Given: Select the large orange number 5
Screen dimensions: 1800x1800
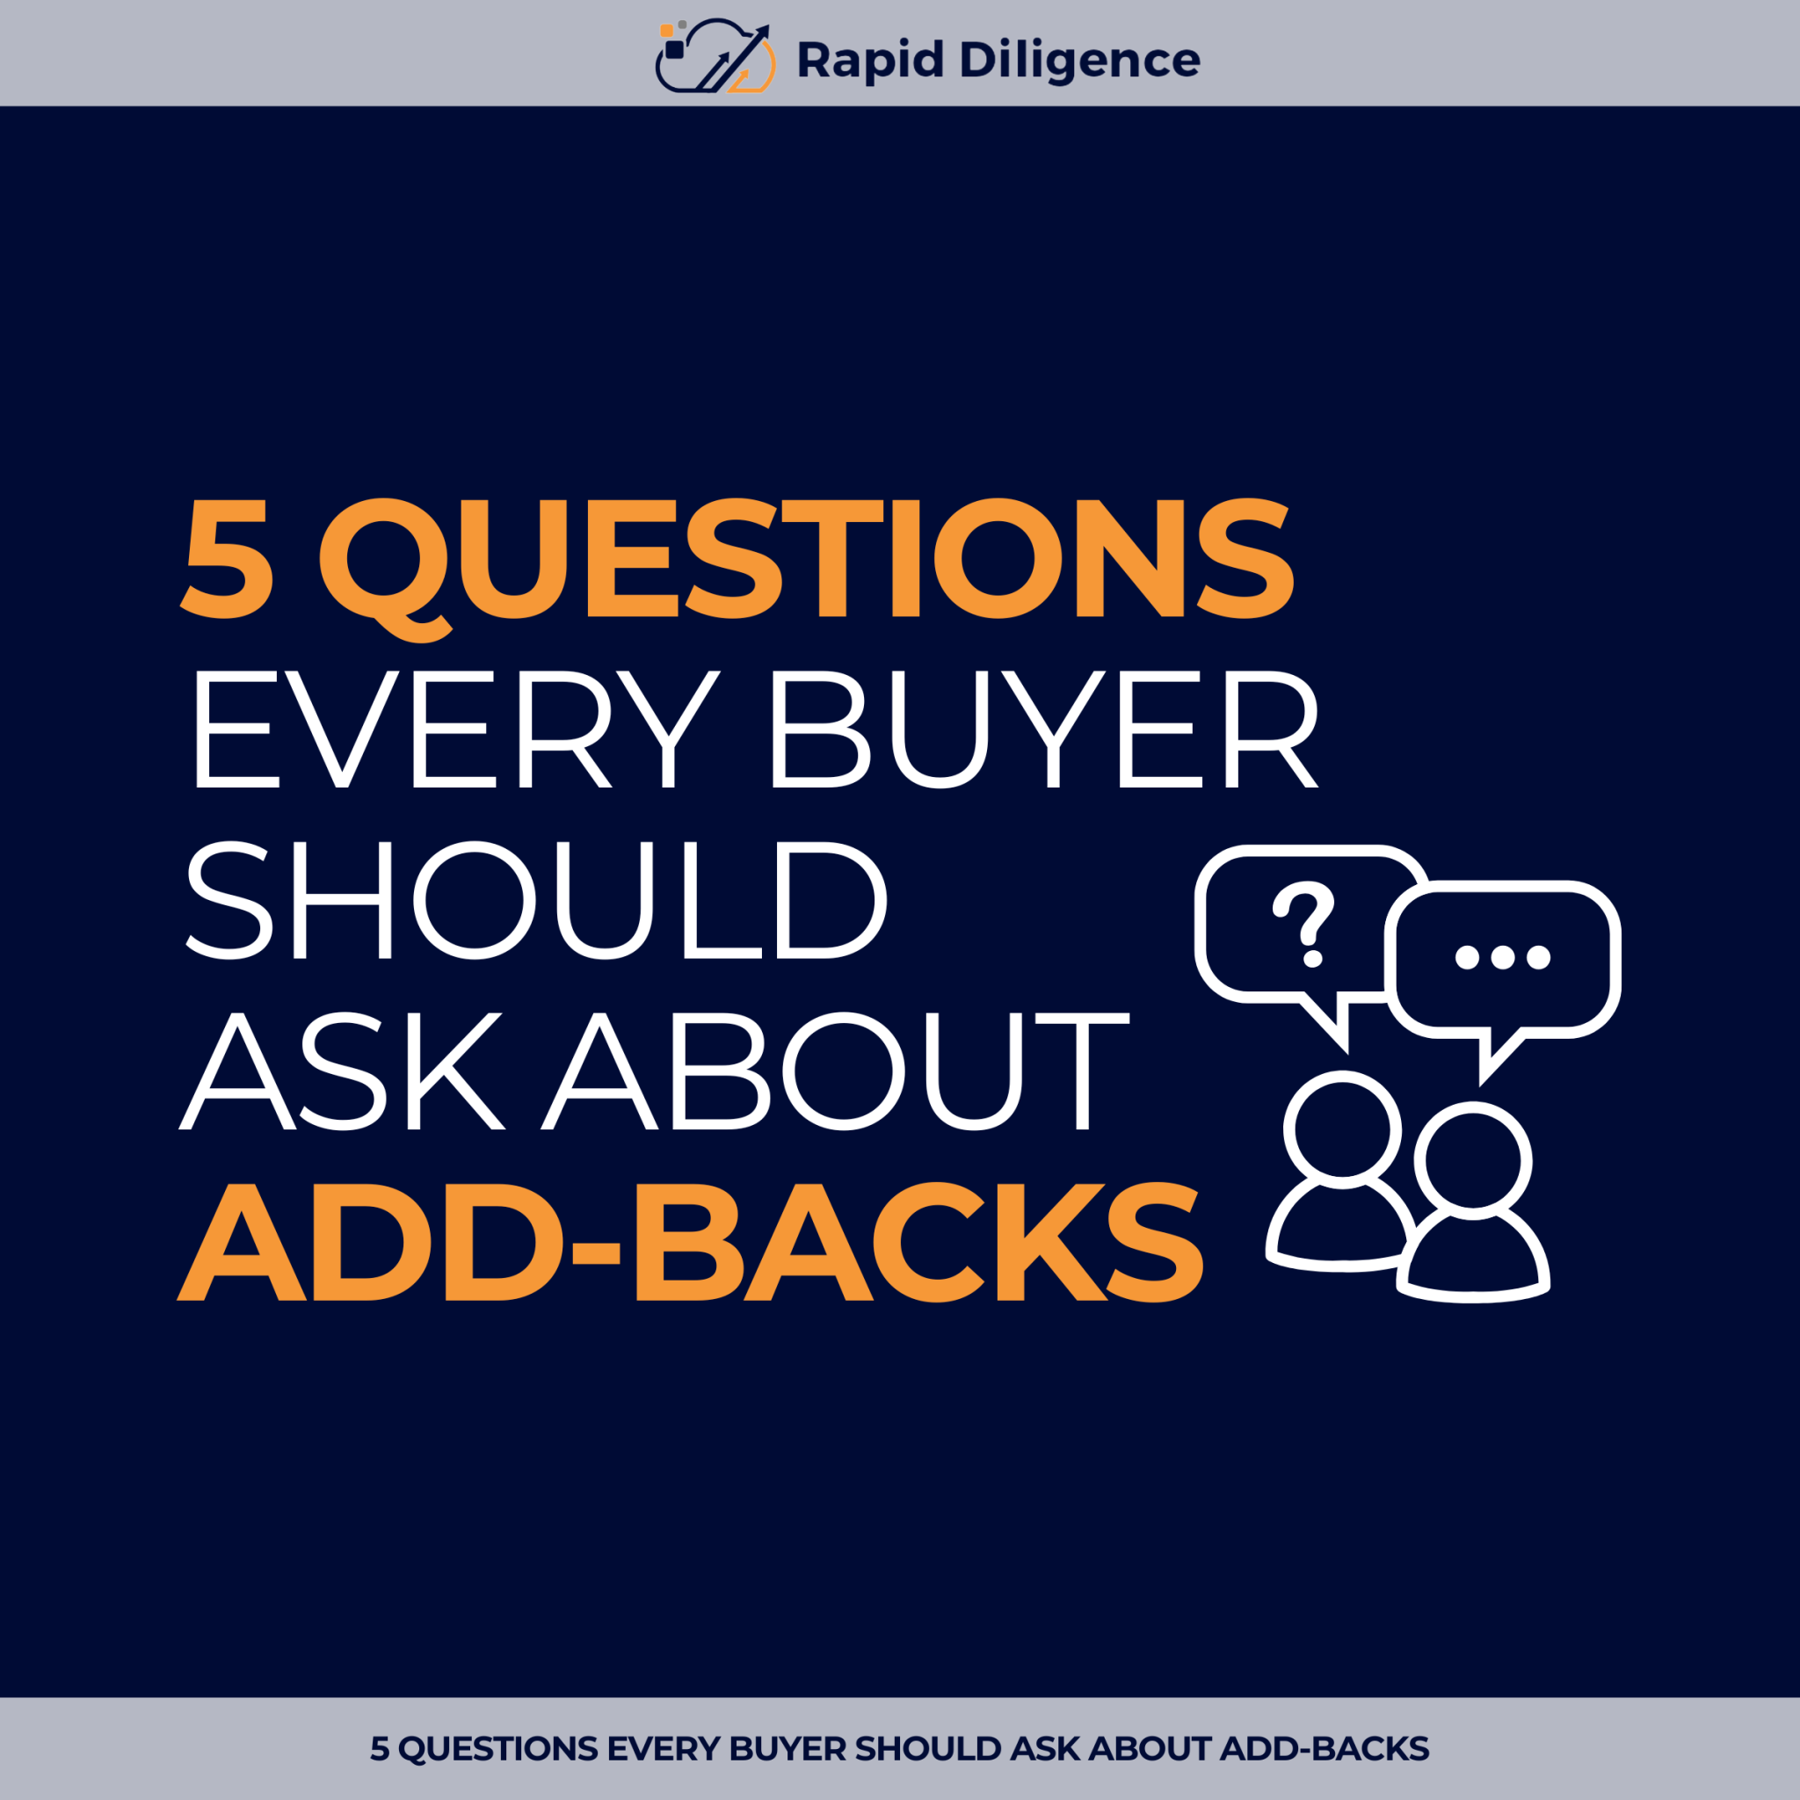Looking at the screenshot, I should point(229,558).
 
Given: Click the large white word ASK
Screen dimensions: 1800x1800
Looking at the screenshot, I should point(343,1071).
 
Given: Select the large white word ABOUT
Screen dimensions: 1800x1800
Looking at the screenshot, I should point(836,1071).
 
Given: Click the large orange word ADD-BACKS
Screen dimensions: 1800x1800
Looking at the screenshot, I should point(690,1243).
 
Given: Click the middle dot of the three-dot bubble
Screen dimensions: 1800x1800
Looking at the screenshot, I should point(1502,957).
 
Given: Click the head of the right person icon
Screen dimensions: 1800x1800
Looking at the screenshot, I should point(1473,1161).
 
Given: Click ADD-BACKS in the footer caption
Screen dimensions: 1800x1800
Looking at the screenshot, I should point(1324,1749).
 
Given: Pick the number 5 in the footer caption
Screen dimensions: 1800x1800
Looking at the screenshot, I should point(379,1749).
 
